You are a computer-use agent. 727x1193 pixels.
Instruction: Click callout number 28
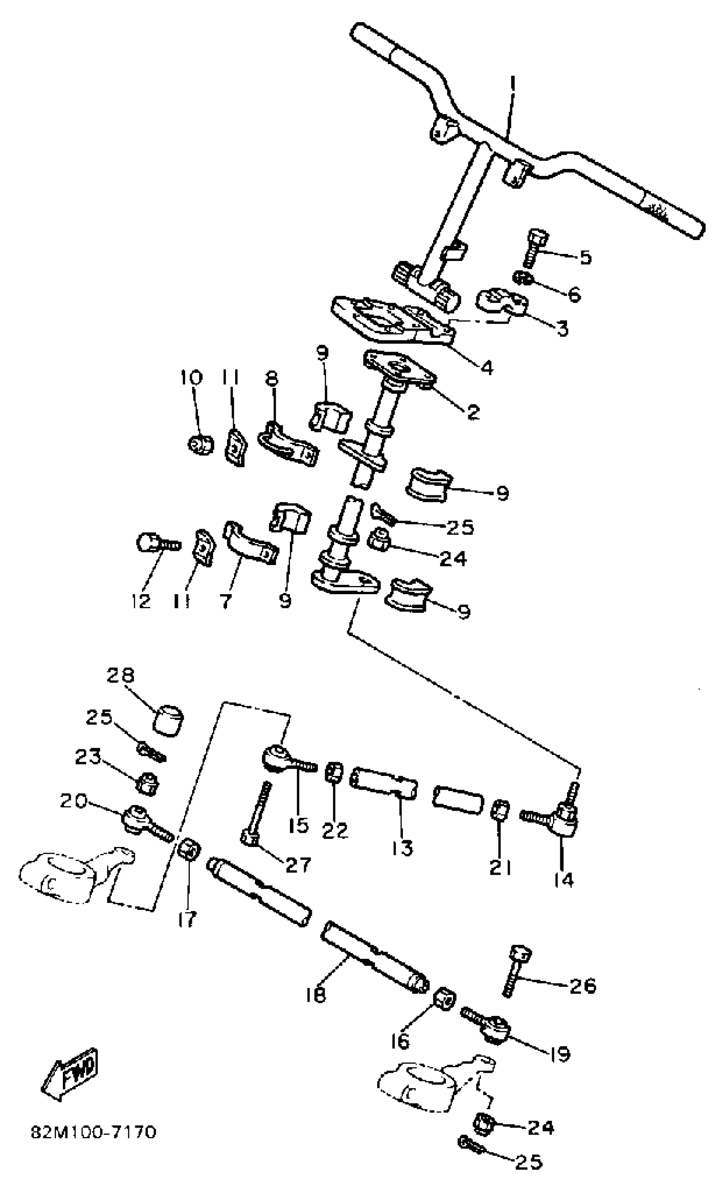tap(121, 676)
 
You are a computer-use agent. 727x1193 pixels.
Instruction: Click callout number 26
tap(582, 986)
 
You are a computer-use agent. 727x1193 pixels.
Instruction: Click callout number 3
tap(561, 328)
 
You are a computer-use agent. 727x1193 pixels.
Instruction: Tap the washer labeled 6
tap(523, 278)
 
